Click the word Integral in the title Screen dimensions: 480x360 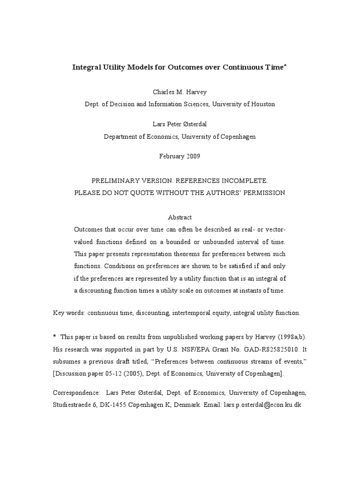coord(86,67)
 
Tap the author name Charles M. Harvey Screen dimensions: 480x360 coord(180,92)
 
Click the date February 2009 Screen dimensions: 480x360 coord(180,156)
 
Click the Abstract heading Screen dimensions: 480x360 coord(180,217)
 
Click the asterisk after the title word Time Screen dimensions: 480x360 coord(285,66)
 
